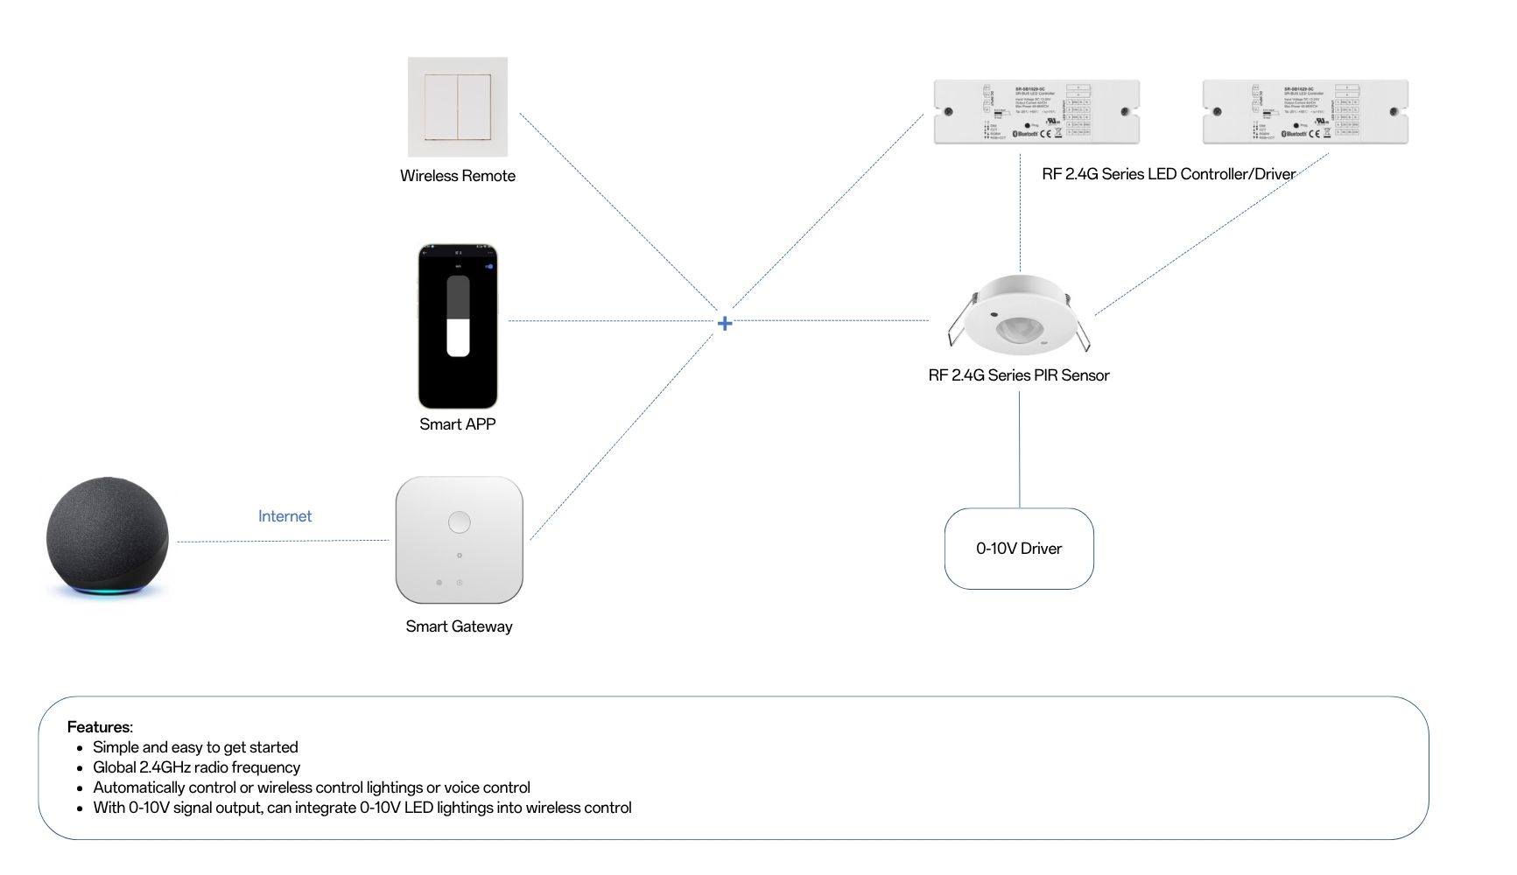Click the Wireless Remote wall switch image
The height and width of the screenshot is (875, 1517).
coord(458,107)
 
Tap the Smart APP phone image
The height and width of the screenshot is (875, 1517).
coord(458,325)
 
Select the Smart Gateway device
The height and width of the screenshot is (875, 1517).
coord(459,540)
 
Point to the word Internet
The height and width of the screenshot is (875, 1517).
coord(284,516)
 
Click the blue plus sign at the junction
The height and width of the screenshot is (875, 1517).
coord(725,324)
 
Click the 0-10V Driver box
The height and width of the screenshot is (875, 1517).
coord(1019,549)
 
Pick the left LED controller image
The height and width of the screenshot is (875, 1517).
coord(1036,112)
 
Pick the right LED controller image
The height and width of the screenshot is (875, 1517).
coord(1305,112)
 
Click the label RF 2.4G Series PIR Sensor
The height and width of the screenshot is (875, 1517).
coord(1018,375)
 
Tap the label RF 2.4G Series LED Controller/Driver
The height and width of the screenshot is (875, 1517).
coord(1168,174)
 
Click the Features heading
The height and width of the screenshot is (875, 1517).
coord(100,727)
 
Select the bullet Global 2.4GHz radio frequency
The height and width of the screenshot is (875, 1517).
coord(196,767)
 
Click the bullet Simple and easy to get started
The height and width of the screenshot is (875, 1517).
coord(195,747)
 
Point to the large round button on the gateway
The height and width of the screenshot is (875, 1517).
coord(459,522)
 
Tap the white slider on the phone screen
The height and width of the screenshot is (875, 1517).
coord(458,337)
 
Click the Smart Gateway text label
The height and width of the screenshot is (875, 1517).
coord(459,626)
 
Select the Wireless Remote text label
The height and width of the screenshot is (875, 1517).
coord(458,176)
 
